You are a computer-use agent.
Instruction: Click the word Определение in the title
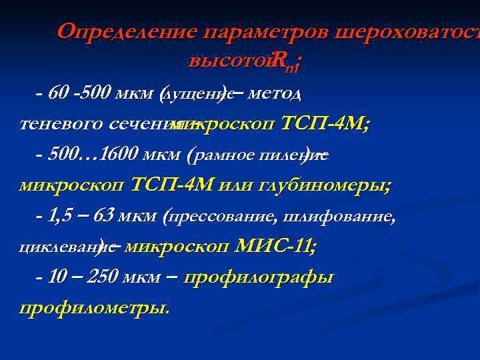(127, 31)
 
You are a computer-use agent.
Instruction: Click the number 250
(103, 277)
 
